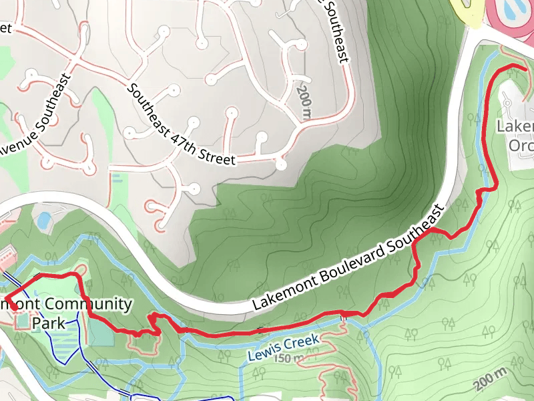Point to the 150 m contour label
(x=288, y=358)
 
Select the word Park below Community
(x=49, y=323)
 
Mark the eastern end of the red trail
(x=525, y=69)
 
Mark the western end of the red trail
(x=5, y=299)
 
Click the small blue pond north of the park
(x=43, y=220)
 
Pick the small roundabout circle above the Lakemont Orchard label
(x=507, y=102)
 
